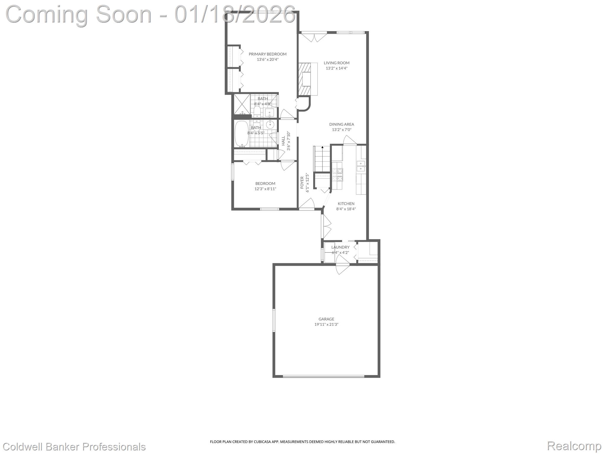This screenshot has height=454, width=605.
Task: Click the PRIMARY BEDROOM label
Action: click(267, 54)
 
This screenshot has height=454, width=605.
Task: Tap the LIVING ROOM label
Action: click(336, 63)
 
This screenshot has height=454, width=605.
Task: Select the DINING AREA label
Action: click(341, 124)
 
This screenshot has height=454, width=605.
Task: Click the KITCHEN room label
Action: click(346, 204)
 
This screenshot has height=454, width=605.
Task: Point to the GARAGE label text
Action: click(326, 319)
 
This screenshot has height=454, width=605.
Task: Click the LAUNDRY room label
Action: click(340, 247)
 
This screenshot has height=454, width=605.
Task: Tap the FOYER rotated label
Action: click(302, 182)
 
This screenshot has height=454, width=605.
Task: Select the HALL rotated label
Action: click(283, 141)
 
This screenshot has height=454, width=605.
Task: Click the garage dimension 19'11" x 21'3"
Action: click(326, 325)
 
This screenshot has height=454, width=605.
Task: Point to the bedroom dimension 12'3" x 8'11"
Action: click(265, 189)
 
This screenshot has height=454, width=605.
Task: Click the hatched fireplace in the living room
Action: click(305, 79)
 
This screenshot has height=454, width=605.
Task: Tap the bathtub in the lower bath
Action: click(242, 134)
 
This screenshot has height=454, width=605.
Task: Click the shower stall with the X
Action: click(242, 104)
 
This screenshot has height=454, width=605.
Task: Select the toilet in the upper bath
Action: click(257, 112)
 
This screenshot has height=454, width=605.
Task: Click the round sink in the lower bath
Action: click(270, 124)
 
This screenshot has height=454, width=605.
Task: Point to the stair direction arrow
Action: click(322, 147)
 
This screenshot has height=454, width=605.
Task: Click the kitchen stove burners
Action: click(338, 174)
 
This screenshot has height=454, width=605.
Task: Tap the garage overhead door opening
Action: click(323, 376)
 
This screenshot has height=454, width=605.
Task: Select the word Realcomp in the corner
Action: click(574, 446)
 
